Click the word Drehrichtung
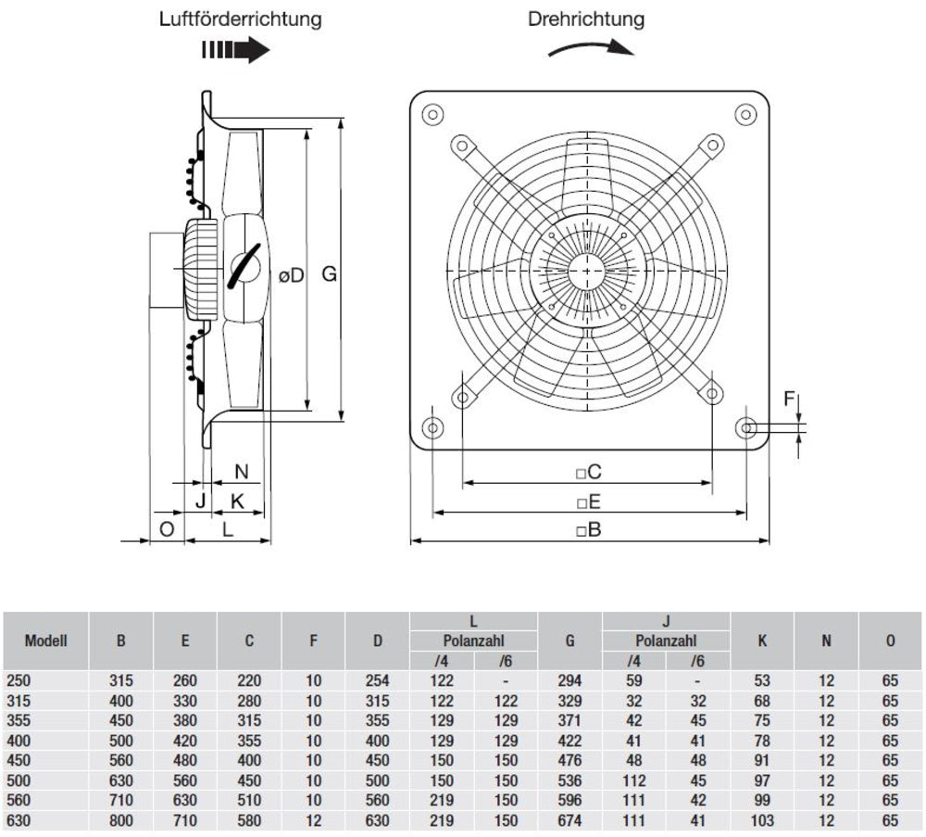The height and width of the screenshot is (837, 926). coord(586,19)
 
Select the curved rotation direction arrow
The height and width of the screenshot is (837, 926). coord(591,49)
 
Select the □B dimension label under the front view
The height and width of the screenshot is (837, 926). coord(589,530)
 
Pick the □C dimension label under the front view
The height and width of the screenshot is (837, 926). coord(589,472)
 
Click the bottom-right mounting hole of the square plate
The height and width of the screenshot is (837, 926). coord(748,427)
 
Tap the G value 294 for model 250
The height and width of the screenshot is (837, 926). coord(570,679)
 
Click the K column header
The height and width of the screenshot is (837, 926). coord(762,640)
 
